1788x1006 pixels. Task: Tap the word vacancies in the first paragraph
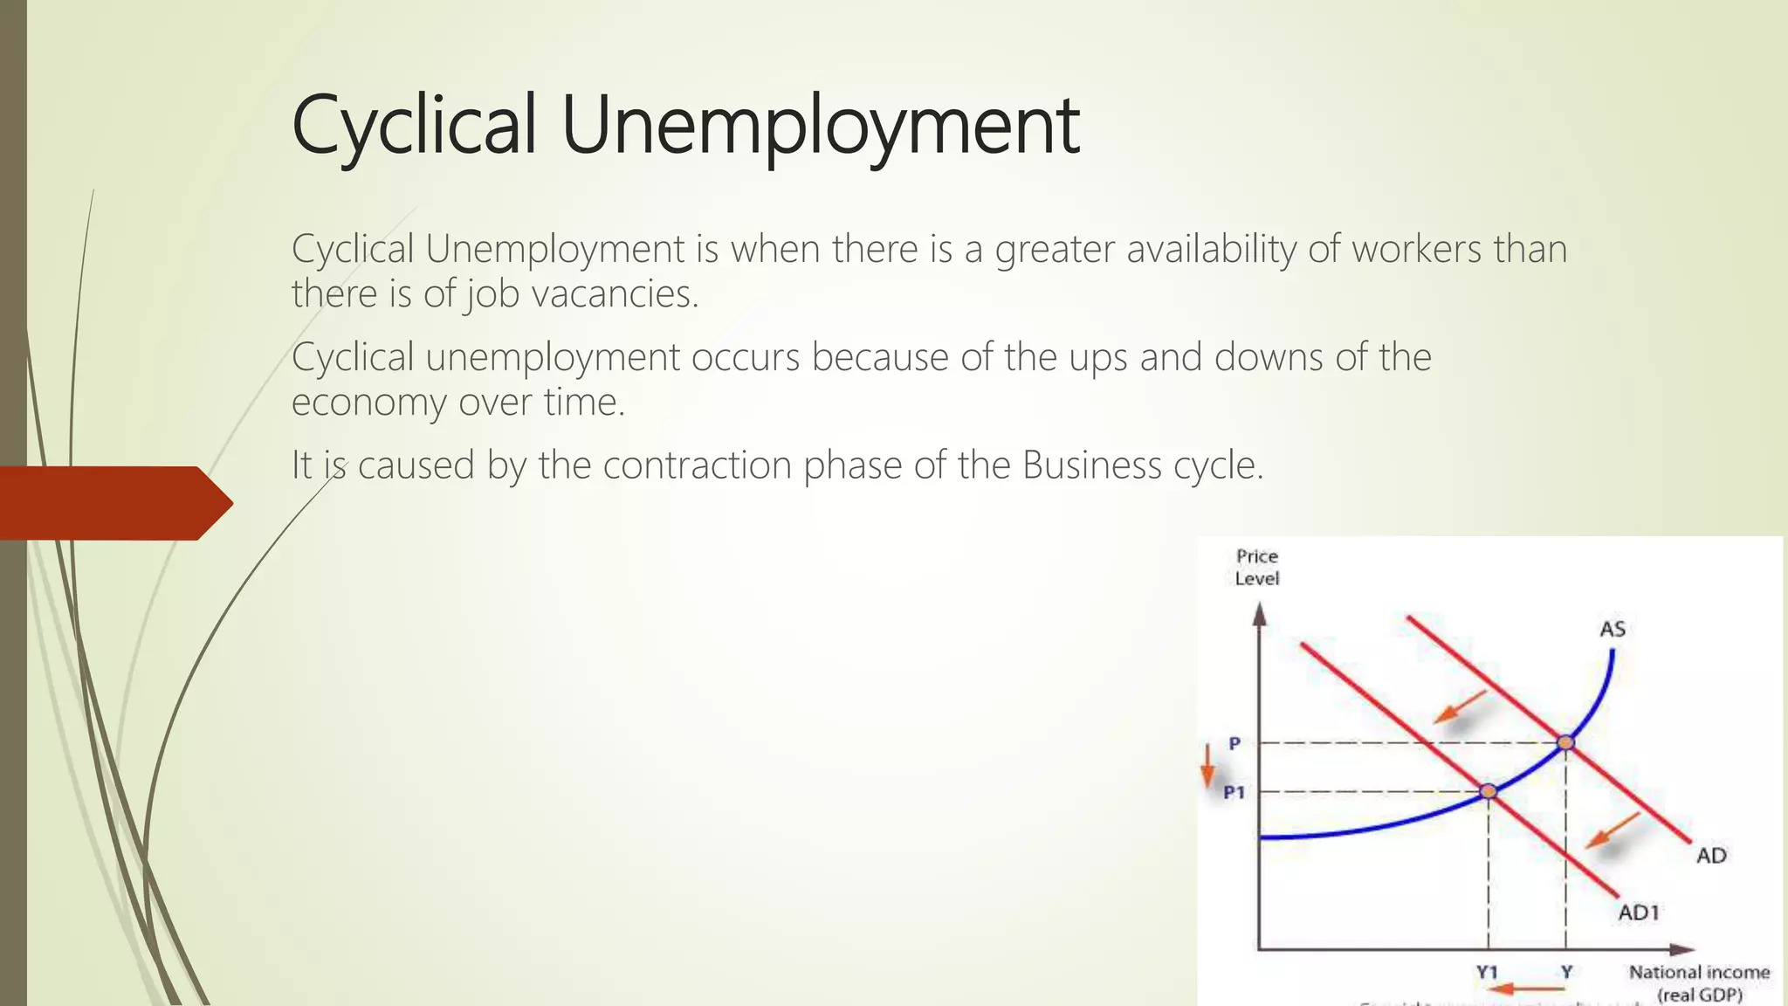tap(615, 294)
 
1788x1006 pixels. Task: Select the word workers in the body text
tap(1416, 250)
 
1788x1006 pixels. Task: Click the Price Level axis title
tap(1257, 567)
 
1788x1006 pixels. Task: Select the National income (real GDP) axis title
tap(1699, 982)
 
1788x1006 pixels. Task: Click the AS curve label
tap(1613, 629)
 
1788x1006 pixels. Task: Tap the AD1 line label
tap(1639, 913)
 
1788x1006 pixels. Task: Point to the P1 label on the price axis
tap(1234, 792)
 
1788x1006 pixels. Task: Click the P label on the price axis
tap(1234, 743)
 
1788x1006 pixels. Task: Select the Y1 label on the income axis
tap(1487, 972)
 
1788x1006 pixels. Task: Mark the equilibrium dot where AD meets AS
tap(1566, 742)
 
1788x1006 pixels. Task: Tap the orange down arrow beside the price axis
tap(1208, 766)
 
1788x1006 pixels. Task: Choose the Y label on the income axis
tap(1567, 972)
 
